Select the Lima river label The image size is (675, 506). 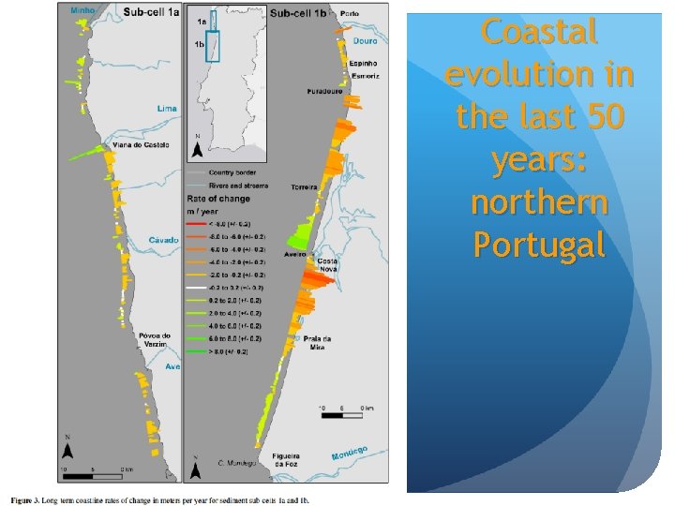[x=166, y=109]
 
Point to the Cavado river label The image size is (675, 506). [x=164, y=240]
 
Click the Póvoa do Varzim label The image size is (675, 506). [x=155, y=340]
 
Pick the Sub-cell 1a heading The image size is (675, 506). [x=151, y=13]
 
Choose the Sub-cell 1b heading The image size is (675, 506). [x=297, y=13]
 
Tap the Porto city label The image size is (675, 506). [x=350, y=14]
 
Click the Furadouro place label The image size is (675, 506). [x=323, y=92]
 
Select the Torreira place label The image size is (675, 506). [x=306, y=187]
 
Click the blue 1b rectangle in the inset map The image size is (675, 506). [x=212, y=45]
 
